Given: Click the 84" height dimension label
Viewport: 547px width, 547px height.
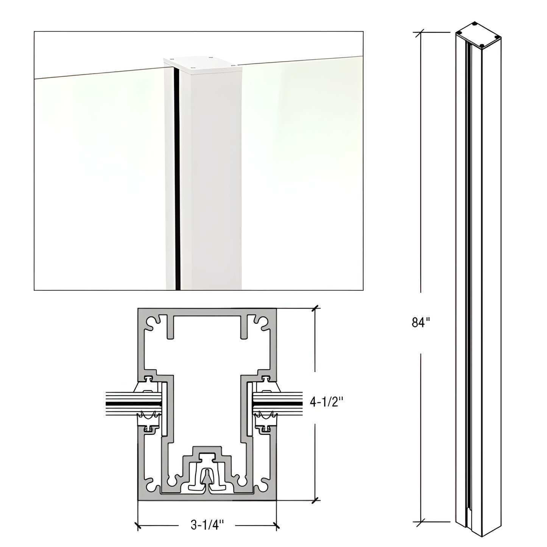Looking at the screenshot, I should (x=421, y=323).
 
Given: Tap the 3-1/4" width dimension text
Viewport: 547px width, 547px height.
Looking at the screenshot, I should (x=207, y=525).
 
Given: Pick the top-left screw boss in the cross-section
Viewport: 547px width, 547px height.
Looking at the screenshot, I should (x=153, y=322).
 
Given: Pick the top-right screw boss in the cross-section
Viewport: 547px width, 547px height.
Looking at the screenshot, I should (x=261, y=322).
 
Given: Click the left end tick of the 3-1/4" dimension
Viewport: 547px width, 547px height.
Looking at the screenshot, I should (x=138, y=525).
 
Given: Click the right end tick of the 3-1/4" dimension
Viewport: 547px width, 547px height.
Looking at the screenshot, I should (x=276, y=525).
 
